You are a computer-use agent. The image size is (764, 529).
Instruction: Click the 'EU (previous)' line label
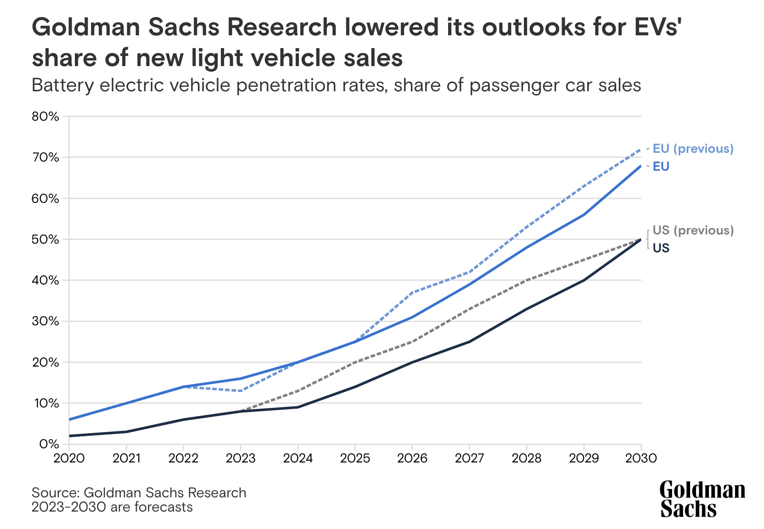click(x=693, y=149)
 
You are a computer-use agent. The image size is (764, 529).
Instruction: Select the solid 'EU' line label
click(x=661, y=167)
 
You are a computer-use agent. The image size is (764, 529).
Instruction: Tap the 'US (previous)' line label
click(x=693, y=230)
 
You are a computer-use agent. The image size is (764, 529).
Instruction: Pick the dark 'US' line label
click(x=661, y=248)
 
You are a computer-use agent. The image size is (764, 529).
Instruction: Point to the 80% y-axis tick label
click(x=45, y=117)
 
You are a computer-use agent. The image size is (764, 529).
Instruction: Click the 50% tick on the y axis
click(x=45, y=239)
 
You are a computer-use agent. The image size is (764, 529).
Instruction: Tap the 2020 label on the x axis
click(x=69, y=458)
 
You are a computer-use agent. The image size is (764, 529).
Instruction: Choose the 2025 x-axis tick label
click(x=355, y=458)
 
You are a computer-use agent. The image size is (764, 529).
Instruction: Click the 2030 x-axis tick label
click(x=641, y=458)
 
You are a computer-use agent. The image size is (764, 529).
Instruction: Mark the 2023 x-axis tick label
click(x=241, y=458)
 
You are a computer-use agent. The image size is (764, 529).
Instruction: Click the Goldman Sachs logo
click(x=702, y=499)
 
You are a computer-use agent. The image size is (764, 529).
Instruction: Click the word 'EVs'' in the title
click(x=652, y=28)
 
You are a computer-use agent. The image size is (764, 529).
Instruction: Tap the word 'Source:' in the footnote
click(x=56, y=493)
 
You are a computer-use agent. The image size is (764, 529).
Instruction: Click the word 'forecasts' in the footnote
click(x=163, y=507)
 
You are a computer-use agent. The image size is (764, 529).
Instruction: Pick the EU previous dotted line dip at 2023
click(x=241, y=391)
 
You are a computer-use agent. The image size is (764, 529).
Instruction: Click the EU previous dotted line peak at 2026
click(x=412, y=292)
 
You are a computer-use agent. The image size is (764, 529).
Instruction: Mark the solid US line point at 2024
click(x=298, y=407)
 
